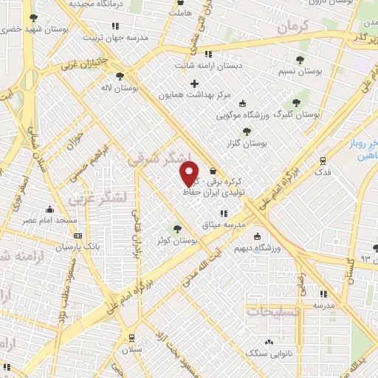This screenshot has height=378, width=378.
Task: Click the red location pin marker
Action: tap(190, 173)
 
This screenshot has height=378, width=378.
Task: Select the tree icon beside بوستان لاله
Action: tap(121, 75)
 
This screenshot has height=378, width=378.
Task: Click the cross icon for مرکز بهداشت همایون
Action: tap(194, 83)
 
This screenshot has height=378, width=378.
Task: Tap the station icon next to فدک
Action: tap(323, 160)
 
